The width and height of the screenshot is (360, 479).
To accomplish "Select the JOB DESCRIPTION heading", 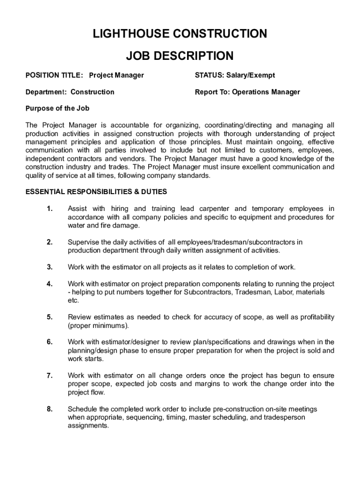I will [x=180, y=56].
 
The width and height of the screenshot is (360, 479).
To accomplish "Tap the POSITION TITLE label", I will [x=54, y=75].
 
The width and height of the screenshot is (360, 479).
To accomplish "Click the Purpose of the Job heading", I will [x=57, y=109].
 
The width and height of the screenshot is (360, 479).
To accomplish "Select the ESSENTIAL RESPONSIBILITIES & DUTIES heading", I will [x=96, y=192].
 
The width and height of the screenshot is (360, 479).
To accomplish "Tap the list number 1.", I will [x=50, y=209].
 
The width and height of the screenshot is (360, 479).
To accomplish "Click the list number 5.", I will [x=50, y=317].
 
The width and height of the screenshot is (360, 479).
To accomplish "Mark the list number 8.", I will [x=50, y=409].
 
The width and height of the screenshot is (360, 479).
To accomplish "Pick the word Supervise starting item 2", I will [x=83, y=242].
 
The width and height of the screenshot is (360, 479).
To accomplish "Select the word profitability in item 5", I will [x=313, y=317].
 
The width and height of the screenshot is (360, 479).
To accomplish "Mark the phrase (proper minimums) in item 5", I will [x=98, y=326].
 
